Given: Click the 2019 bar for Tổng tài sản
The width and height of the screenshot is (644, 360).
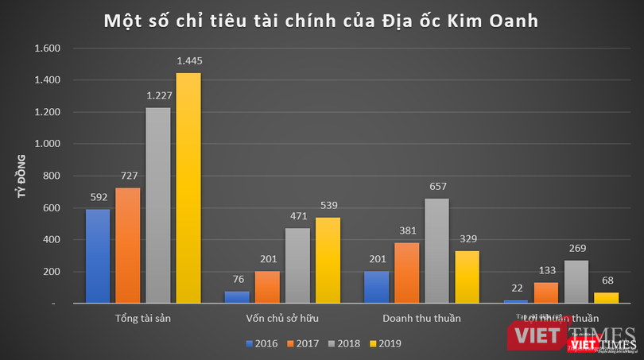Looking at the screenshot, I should [188, 188].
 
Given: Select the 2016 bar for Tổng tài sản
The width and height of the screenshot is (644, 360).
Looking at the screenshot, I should [98, 255].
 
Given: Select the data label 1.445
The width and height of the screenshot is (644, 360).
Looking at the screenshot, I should [188, 60].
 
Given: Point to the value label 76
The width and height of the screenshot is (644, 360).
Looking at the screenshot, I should [236, 279].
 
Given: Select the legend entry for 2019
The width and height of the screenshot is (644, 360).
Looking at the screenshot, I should [386, 344].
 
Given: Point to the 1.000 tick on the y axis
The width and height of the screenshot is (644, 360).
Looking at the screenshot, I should [45, 144].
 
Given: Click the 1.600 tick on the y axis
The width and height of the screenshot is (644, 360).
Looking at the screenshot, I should [45, 48].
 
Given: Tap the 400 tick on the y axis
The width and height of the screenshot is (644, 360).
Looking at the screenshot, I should [49, 240].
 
